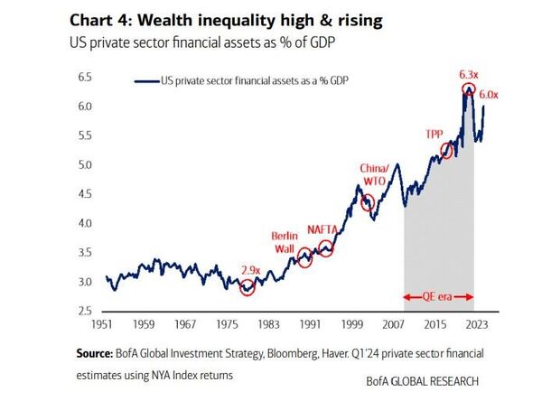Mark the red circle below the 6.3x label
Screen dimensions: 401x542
coord(468,89)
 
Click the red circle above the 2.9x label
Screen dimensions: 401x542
coord(248,287)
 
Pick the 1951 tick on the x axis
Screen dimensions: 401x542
coord(107,322)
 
